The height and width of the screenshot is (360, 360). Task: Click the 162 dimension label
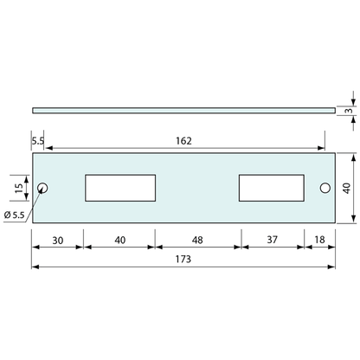183,140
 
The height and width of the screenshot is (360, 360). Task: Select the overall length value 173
183,259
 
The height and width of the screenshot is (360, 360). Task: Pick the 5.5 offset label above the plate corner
37,140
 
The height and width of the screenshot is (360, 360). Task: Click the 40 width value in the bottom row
119,240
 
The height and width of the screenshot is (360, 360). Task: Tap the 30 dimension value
57,240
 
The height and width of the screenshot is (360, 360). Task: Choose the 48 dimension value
197,240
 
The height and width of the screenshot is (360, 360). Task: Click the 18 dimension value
320,240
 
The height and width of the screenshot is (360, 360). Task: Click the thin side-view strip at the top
183,110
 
